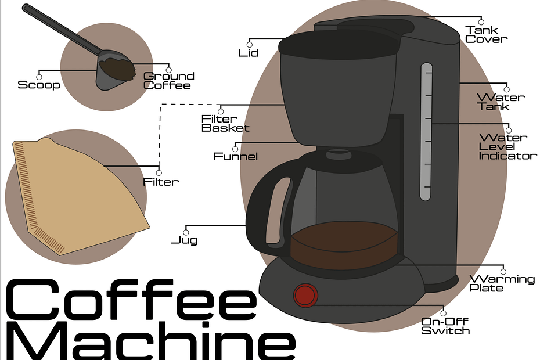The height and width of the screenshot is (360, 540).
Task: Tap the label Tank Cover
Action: pyautogui.click(x=486, y=35)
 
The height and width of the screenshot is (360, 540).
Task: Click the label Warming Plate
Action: pyautogui.click(x=502, y=283)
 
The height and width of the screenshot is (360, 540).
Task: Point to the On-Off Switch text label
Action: pyautogui.click(x=445, y=326)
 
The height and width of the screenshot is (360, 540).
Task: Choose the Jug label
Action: pyautogui.click(x=184, y=240)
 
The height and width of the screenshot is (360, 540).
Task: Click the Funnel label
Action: pyautogui.click(x=236, y=156)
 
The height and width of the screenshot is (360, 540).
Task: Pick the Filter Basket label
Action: pyautogui.click(x=225, y=124)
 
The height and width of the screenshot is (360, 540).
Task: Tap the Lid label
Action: pyautogui.click(x=249, y=53)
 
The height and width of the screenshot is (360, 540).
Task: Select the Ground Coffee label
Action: pyautogui.click(x=168, y=81)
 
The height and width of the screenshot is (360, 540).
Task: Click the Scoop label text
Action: pyautogui.click(x=39, y=85)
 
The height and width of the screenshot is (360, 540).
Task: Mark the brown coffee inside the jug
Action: pyautogui.click(x=344, y=244)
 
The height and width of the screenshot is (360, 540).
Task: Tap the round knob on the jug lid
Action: pyautogui.click(x=336, y=154)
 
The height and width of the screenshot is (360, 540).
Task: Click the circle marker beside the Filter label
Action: pyautogui.click(x=159, y=172)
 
